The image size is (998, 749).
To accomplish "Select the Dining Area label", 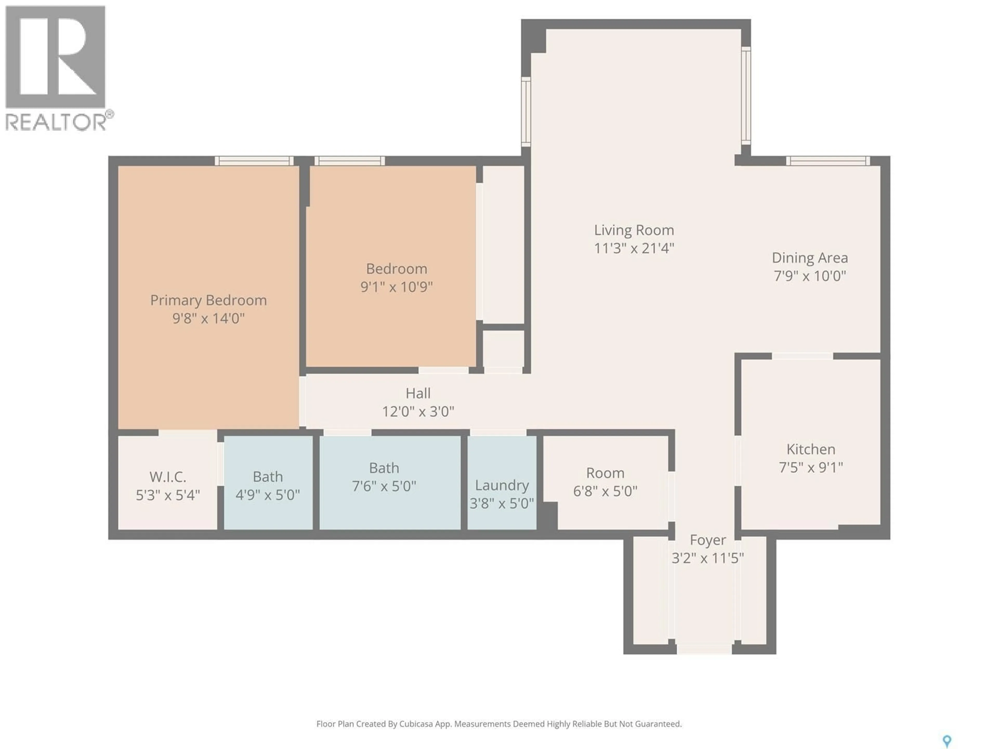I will coord(809,258).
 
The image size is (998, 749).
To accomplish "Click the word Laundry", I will coord(501,485).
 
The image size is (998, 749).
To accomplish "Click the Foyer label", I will coord(707,540).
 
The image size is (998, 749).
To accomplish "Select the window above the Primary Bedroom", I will coord(254,161).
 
